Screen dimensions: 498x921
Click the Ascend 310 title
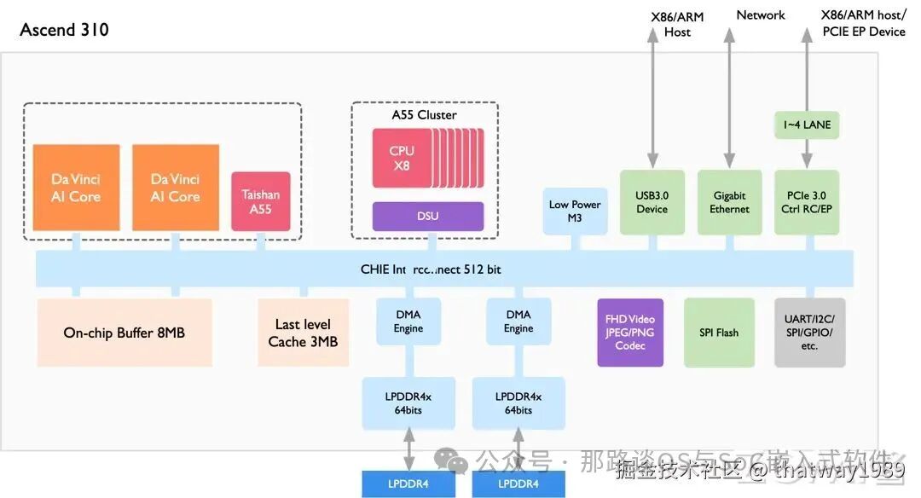tap(64, 30)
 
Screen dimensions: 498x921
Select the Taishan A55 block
tap(261, 201)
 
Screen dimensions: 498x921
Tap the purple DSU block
tap(427, 216)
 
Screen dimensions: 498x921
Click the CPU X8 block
tap(402, 159)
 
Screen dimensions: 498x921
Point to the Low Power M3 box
tap(575, 211)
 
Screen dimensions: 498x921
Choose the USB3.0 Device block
tap(652, 202)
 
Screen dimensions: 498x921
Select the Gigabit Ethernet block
tap(729, 202)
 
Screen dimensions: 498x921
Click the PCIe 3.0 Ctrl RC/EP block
tap(806, 202)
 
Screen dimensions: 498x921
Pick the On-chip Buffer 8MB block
tap(125, 333)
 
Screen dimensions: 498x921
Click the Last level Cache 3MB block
tap(303, 333)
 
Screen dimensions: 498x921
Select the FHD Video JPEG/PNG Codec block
tap(630, 333)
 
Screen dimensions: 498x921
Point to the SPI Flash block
tap(719, 333)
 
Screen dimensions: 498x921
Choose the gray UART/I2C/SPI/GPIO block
tap(809, 333)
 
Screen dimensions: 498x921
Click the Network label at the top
tap(761, 15)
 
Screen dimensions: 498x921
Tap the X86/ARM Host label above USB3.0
tap(677, 24)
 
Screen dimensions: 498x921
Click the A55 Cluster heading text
tap(424, 115)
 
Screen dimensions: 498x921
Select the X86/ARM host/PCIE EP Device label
tap(863, 24)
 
